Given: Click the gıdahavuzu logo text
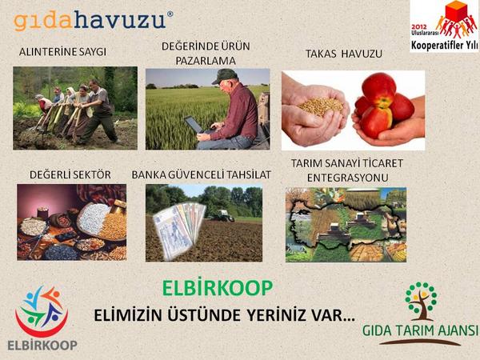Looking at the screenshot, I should [93, 18].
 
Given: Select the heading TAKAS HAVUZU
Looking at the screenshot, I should [343, 54].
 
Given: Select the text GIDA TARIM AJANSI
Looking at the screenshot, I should [420, 330].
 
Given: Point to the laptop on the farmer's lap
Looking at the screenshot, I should [194, 125].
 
